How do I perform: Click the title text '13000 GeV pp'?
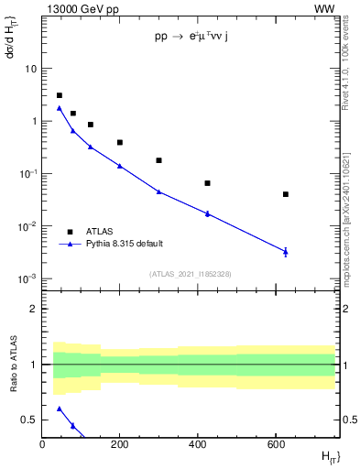pyautogui.click(x=78, y=8)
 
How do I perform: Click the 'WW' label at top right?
pyautogui.click(x=325, y=8)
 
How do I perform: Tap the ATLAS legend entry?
pyautogui.click(x=101, y=232)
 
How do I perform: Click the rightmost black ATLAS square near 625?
pyautogui.click(x=286, y=194)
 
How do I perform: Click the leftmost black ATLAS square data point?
pyautogui.click(x=60, y=95)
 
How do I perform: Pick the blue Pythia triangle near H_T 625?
pyautogui.click(x=286, y=251)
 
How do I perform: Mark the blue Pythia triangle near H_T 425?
pyautogui.click(x=208, y=213)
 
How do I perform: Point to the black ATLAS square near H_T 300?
pyautogui.click(x=159, y=160)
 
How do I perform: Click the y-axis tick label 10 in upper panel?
pyautogui.click(x=30, y=69)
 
